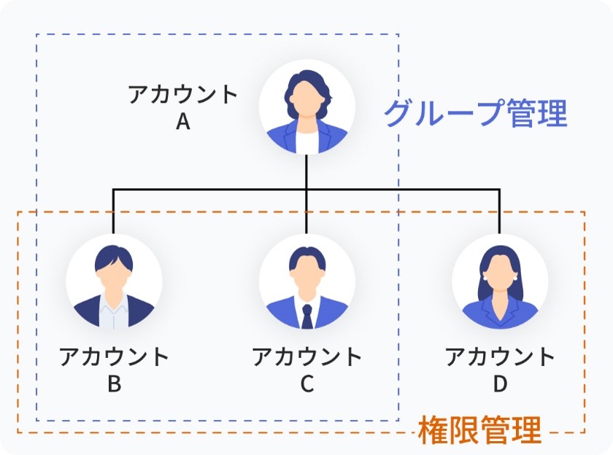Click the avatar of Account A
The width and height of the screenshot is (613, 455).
point(307,107)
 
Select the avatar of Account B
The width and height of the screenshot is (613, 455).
point(114,281)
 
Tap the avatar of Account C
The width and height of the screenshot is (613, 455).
point(307,281)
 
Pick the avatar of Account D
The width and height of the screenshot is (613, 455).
point(500,281)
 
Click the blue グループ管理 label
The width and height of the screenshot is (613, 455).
point(475,113)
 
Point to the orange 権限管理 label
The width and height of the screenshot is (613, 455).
point(479,430)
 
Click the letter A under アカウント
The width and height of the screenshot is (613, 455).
point(183,122)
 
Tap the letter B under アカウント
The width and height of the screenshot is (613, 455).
point(114,384)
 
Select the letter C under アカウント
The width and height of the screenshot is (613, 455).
point(307,384)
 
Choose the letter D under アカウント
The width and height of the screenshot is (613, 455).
point(500,384)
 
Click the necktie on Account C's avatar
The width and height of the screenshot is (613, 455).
point(307,316)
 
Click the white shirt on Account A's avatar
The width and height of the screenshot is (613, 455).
point(307,141)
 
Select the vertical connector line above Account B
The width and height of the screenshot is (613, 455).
point(113,211)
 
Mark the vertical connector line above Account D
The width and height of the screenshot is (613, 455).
point(499,211)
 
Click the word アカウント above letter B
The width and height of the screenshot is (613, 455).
point(114,356)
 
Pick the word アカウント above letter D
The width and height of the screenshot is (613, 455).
point(500,356)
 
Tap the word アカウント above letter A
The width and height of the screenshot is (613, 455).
point(183,94)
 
